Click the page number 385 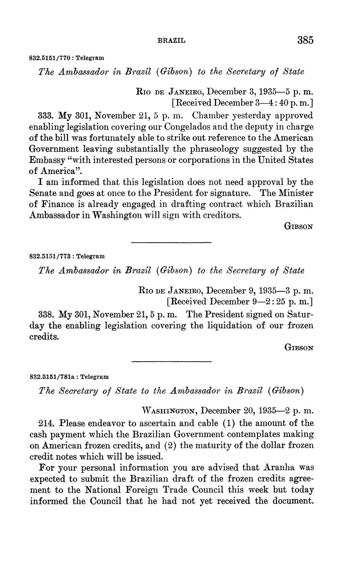tap(305, 40)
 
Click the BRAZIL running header tap(172, 41)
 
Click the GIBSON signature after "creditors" tap(299, 227)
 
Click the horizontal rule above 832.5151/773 tap(171, 242)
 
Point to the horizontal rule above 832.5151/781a tap(171, 362)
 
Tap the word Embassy tap(46, 160)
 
